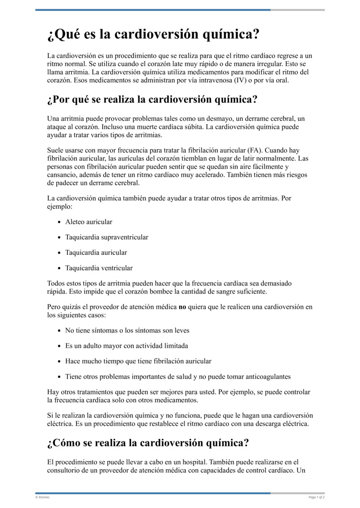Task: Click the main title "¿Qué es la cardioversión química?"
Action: pyautogui.click(x=153, y=35)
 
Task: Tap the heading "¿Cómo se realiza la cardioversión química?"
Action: pyautogui.click(x=148, y=443)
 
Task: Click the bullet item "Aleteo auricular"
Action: pyautogui.click(x=89, y=222)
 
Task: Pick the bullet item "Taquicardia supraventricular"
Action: pyautogui.click(x=107, y=237)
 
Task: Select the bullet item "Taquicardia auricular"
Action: pyautogui.click(x=96, y=253)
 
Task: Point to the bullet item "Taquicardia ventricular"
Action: pyautogui.click(x=99, y=268)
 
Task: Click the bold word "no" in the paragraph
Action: pyautogui.click(x=182, y=307)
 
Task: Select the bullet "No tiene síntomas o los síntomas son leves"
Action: pyautogui.click(x=127, y=330)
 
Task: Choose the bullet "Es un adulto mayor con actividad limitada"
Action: pyautogui.click(x=126, y=346)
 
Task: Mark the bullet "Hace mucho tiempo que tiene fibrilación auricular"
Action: pyautogui.click(x=138, y=361)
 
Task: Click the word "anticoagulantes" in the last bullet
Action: pyautogui.click(x=268, y=377)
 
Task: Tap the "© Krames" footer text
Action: pyautogui.click(x=42, y=497)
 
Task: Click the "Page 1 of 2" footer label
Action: pyautogui.click(x=316, y=497)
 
